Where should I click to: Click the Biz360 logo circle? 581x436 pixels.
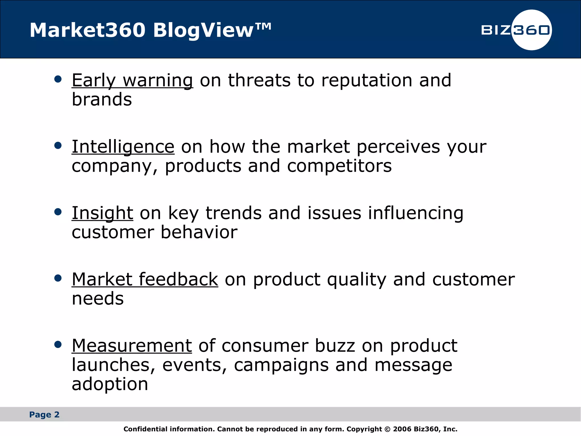point(531,30)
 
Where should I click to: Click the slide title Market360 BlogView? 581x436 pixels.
point(150,30)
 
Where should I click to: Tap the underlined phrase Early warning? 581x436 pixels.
point(132,80)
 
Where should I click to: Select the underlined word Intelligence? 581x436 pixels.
point(123,147)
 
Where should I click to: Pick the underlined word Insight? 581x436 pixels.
point(102,213)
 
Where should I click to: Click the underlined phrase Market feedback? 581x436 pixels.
point(145,280)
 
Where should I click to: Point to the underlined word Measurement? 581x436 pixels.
point(132,346)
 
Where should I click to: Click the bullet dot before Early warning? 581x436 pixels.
point(58,79)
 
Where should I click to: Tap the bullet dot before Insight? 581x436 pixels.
point(58,212)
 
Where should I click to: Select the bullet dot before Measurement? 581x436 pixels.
point(58,345)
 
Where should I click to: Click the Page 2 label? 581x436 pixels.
point(44,415)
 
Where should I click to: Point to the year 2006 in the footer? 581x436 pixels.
point(402,429)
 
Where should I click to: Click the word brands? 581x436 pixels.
point(102,100)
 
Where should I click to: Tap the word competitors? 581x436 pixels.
point(339,166)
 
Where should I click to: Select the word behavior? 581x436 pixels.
point(199,232)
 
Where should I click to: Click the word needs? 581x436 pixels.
point(98,299)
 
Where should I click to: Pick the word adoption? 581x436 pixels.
point(110,384)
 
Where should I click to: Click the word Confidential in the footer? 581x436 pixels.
point(146,429)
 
